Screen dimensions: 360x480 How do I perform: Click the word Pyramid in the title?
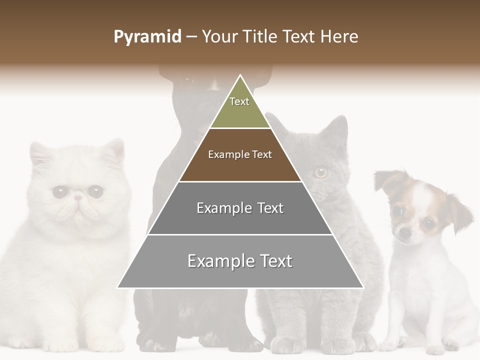tap(147, 37)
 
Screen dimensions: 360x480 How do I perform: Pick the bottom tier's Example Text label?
tap(240, 261)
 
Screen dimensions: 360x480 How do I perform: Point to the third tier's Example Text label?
tap(240, 208)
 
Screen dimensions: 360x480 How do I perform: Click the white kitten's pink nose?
tap(78, 197)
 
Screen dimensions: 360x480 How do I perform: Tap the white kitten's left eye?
tap(60, 191)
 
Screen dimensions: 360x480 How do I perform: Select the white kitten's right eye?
tap(95, 191)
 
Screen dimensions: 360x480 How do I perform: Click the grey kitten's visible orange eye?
tap(320, 172)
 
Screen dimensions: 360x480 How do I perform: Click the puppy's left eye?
tap(398, 210)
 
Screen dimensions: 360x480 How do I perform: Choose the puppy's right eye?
tap(428, 224)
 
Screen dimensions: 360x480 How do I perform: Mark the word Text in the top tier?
tap(239, 101)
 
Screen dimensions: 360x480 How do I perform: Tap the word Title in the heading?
tap(262, 37)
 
